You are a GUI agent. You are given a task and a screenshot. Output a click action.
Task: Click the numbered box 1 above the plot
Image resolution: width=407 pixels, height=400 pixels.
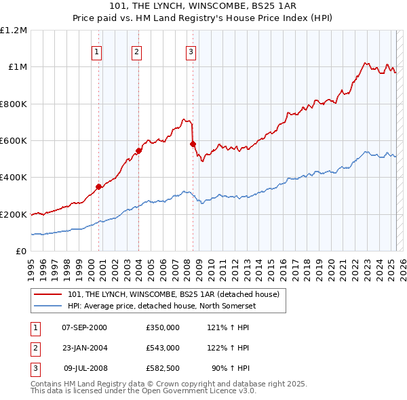[x=96, y=52]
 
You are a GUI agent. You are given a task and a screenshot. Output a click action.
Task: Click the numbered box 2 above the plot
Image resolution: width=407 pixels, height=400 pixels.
[x=136, y=52]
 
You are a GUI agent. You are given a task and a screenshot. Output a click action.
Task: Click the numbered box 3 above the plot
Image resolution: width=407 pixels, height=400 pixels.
[x=191, y=52]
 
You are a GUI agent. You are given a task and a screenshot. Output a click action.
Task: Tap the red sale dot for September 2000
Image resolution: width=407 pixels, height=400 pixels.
[x=98, y=186]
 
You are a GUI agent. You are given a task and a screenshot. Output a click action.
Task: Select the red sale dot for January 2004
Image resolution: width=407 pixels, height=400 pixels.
[x=138, y=151]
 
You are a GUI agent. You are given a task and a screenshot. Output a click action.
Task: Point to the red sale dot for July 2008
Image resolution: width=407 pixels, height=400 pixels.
[x=193, y=144]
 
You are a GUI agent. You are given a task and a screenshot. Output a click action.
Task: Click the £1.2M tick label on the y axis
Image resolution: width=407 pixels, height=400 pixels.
[x=14, y=31]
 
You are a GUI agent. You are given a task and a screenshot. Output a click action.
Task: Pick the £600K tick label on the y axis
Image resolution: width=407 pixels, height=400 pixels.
[x=14, y=141]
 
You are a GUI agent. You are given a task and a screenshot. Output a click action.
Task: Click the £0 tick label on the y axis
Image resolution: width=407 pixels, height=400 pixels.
[x=22, y=252]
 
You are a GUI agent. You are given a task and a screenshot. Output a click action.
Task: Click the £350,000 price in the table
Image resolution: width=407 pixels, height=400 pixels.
[x=162, y=327]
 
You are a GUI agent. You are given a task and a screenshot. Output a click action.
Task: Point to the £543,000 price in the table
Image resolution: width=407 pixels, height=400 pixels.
[x=162, y=348]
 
